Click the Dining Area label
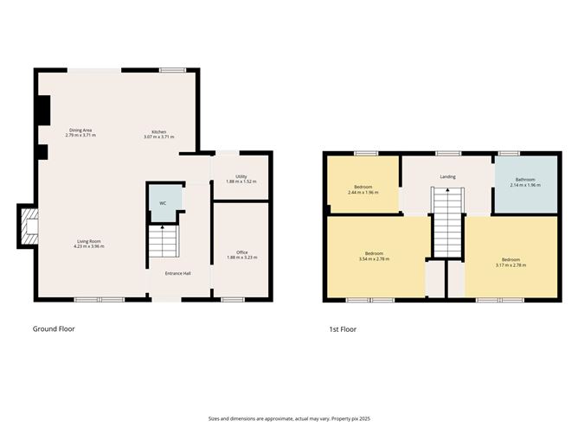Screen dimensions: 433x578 click(x=80, y=131)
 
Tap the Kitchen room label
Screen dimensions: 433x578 click(x=159, y=132)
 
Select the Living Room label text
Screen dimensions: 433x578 click(x=89, y=242)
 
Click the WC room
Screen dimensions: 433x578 click(x=164, y=203)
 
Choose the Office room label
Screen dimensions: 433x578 click(x=241, y=252)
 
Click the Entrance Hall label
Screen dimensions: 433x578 click(x=179, y=273)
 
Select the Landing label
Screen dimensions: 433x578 click(x=447, y=176)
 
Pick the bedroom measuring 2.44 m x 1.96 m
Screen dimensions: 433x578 click(x=363, y=189)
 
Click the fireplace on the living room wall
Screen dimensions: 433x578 click(x=29, y=226)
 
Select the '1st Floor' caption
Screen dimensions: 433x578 click(x=342, y=328)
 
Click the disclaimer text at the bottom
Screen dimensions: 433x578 click(x=289, y=417)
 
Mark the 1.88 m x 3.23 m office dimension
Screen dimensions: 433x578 click(x=241, y=258)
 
